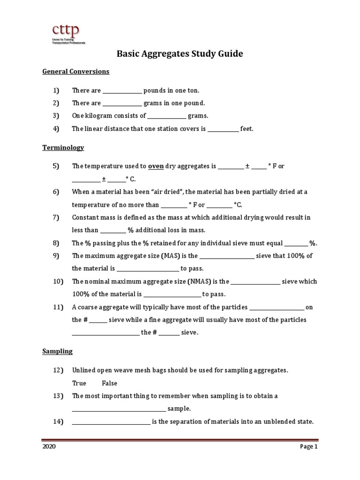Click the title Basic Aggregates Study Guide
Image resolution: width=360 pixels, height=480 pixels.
pos(180,54)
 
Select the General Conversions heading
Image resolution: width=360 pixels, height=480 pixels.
pos(76,72)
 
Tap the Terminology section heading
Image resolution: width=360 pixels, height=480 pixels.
pos(63,148)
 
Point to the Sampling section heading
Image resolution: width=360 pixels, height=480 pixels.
pos(57,351)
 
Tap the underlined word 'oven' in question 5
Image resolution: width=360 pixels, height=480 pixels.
pos(156,166)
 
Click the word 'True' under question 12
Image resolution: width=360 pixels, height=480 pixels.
pos(79,383)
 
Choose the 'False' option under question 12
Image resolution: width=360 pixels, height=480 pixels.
pos(109,383)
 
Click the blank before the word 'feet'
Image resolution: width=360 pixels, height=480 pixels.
pos(223,129)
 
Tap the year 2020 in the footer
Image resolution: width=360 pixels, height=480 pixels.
pos(49,447)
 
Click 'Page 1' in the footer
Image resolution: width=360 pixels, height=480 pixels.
pos(309,447)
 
